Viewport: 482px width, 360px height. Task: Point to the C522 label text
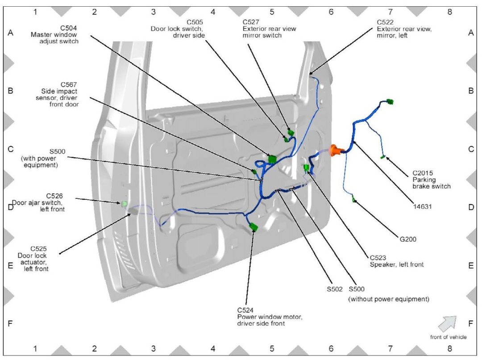[x=404, y=28]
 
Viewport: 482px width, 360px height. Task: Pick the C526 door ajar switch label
[x=39, y=202]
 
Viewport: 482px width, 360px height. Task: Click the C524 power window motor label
[x=270, y=316]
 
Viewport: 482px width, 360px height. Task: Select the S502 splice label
[x=335, y=289]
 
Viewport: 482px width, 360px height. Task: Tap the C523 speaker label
[x=396, y=261]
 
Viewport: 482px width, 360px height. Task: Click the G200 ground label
[x=408, y=239]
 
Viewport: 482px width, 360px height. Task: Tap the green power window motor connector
[x=253, y=227]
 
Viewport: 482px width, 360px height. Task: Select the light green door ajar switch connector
[x=125, y=204]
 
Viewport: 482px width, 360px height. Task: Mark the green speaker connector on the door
[x=306, y=168]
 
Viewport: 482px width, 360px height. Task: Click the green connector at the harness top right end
[x=390, y=102]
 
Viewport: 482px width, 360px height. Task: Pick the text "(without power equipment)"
[x=388, y=299]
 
